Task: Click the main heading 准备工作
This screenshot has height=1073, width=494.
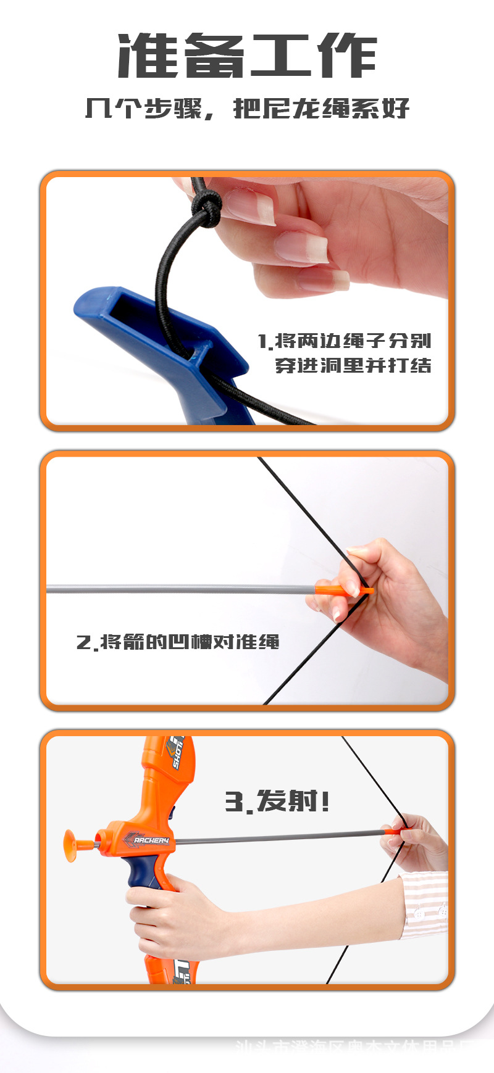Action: [x=247, y=57]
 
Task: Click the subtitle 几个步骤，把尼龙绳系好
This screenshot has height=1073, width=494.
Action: [x=247, y=109]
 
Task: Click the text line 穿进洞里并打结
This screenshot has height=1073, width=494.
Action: [x=353, y=365]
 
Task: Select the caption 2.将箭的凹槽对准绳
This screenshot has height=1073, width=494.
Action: [x=178, y=642]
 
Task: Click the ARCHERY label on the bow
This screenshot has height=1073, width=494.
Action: [x=151, y=840]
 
